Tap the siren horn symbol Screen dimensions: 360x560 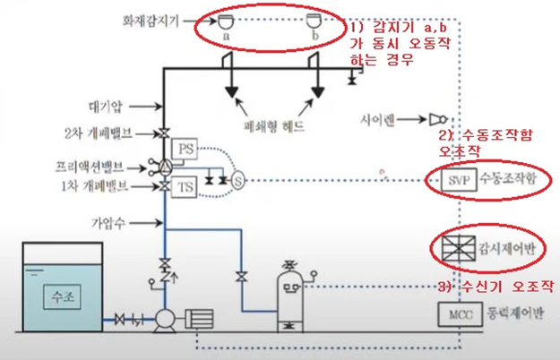tap(438, 118)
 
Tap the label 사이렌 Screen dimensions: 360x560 tap(402, 117)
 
